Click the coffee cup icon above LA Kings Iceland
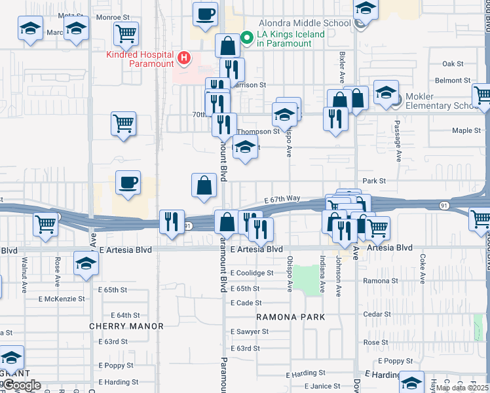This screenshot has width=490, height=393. point(205,14)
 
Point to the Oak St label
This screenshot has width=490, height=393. point(453,64)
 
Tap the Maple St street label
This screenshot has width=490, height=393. point(466,130)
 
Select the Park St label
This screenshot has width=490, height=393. point(374,180)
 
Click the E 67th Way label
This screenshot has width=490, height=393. point(282,198)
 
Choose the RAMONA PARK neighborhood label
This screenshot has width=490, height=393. point(290,317)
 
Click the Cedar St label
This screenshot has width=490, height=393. point(377,314)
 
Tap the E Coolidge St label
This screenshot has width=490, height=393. point(252,273)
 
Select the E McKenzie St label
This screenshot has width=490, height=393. point(62,299)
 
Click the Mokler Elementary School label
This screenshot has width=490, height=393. point(440,101)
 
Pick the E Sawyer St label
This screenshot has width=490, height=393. point(249,331)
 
